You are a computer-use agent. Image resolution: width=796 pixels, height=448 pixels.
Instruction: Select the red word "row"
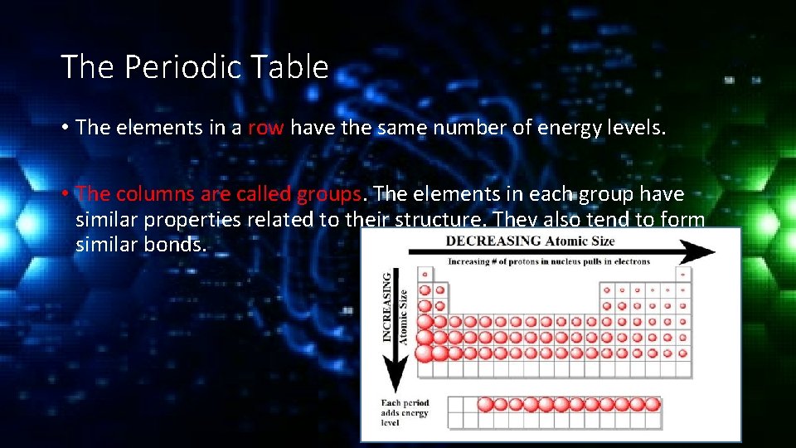(x=265, y=127)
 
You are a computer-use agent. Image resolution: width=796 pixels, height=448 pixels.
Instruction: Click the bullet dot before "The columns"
(x=64, y=194)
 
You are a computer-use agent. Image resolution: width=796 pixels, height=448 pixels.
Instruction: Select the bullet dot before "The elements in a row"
(x=64, y=128)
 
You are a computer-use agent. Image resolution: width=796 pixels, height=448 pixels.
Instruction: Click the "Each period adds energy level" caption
(x=405, y=413)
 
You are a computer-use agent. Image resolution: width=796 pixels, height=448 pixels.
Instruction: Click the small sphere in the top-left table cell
(x=425, y=274)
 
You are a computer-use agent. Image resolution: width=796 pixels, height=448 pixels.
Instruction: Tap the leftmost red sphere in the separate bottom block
(x=485, y=404)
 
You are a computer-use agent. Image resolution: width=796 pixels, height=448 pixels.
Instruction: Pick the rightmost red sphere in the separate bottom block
(x=653, y=404)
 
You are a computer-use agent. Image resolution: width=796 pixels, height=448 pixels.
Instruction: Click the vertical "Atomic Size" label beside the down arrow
(x=403, y=315)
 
